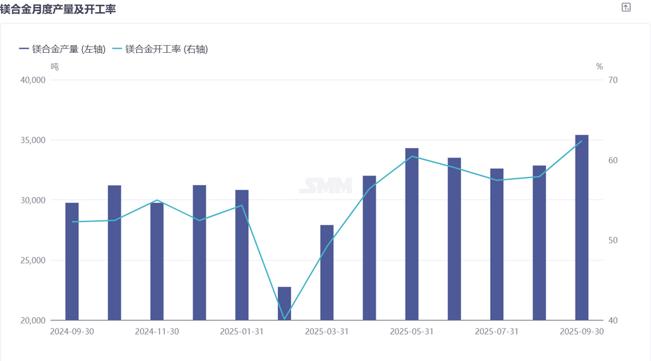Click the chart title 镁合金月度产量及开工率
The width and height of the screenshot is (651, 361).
coord(58,10)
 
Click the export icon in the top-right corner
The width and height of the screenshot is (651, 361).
coord(626,8)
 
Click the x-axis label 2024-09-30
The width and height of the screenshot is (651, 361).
coord(72,331)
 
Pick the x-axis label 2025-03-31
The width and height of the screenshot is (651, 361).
coord(327,331)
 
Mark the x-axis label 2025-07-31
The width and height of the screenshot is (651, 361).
coord(497,331)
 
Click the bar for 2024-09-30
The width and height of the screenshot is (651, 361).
coord(72,261)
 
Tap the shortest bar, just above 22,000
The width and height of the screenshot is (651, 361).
coord(284,304)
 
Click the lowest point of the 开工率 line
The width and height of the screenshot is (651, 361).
coord(284,319)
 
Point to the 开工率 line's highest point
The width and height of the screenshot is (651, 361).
coord(582,140)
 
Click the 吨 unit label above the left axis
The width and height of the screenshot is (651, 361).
coord(55,66)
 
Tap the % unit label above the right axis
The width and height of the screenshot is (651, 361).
coord(599,66)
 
